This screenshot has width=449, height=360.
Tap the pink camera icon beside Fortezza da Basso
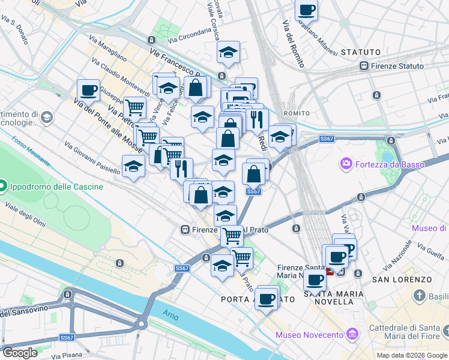pos(346,163)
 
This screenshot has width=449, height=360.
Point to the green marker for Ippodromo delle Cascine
pos(2,186)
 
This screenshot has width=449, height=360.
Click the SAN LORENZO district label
pos(402,280)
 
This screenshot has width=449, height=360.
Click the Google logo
pos(20,353)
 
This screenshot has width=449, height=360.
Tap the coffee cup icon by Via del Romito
pos(306,10)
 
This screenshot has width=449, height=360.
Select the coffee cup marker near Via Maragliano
pos(88,91)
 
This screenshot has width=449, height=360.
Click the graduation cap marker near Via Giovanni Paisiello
pos(133,166)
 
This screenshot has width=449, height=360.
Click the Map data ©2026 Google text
pos(411,355)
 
